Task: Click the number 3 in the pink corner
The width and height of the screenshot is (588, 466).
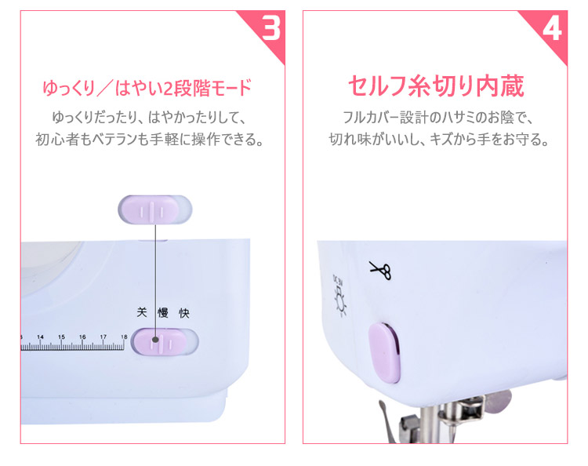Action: pos(271,27)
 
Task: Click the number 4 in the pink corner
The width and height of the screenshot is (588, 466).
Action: pos(552,28)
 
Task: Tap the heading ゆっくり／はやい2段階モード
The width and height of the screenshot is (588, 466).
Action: pos(147,88)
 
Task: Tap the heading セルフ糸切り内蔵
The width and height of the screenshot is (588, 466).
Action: pos(436,86)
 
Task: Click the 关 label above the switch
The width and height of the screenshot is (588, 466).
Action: pos(141,312)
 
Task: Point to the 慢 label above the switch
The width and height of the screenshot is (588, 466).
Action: pos(163,312)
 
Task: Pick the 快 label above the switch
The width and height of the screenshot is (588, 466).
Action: pos(184,313)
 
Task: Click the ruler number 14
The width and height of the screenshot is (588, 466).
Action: pos(40,337)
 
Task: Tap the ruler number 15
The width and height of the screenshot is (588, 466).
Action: pos(61,337)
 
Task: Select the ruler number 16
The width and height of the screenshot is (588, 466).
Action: pos(82,337)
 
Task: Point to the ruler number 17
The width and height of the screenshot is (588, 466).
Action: pos(103,337)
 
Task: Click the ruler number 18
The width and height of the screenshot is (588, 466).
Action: pos(124,337)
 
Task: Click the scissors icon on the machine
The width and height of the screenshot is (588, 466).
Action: pos(380,270)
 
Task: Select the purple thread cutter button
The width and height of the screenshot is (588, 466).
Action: pos(384,353)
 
